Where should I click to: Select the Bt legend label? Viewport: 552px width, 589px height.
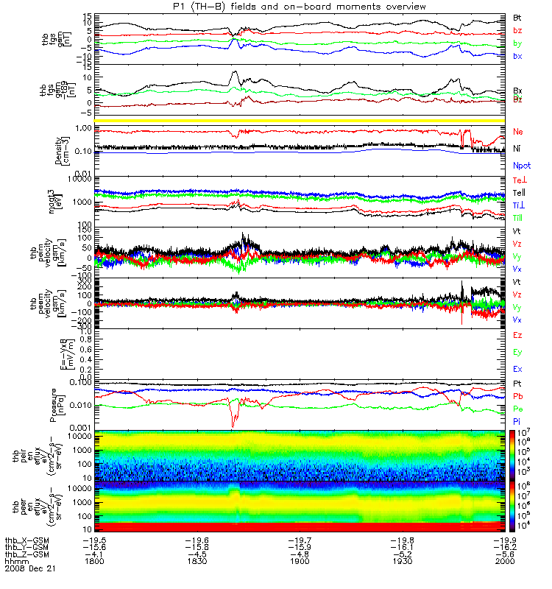coord(517,16)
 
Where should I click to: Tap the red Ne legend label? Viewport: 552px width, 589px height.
coord(518,131)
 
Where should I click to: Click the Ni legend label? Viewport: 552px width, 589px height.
coord(517,149)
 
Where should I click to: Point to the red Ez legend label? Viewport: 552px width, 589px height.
coord(517,335)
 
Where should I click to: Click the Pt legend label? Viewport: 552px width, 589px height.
coord(517,384)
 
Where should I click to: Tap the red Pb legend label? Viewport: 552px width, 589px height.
coord(517,395)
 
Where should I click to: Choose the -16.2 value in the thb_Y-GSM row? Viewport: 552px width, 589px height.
coord(503,546)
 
